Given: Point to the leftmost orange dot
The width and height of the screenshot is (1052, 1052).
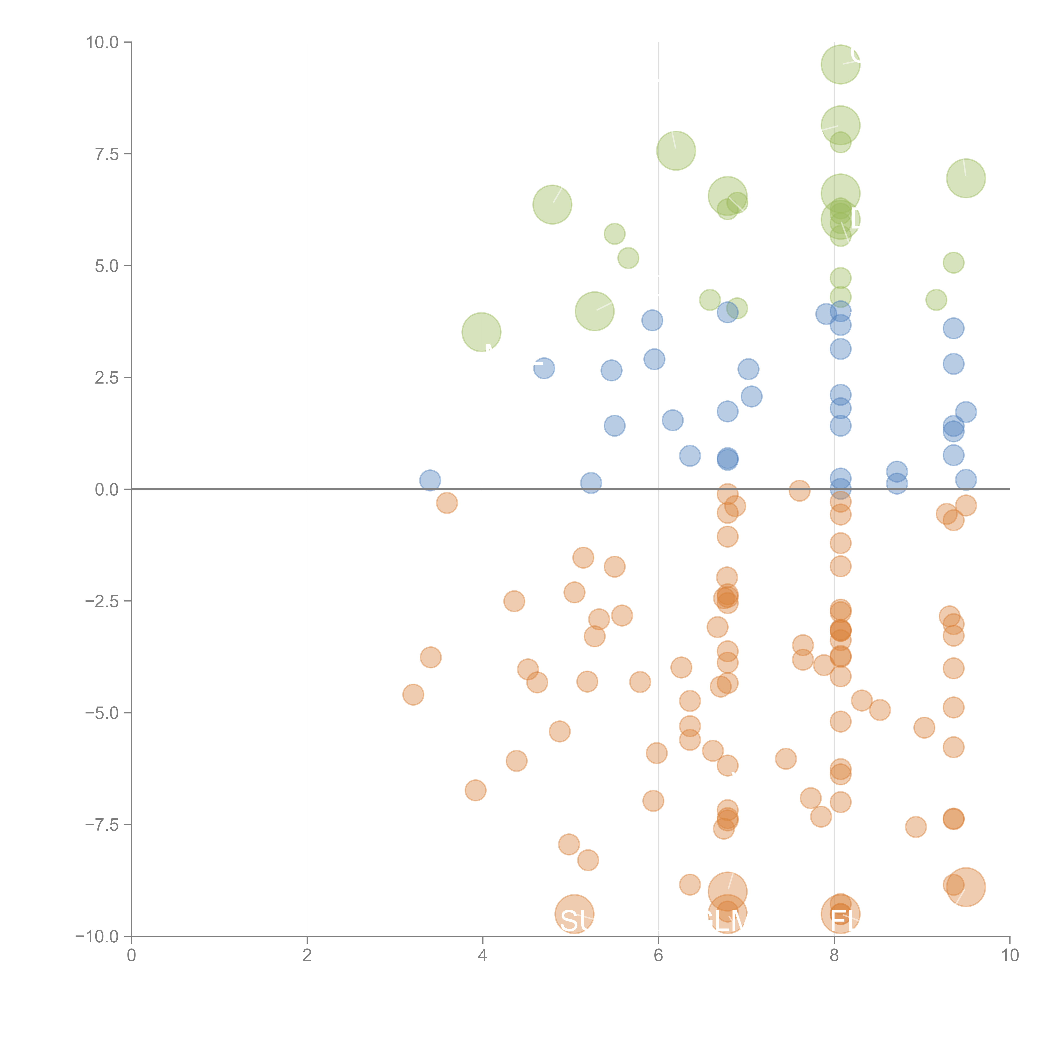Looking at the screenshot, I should pyautogui.click(x=413, y=694).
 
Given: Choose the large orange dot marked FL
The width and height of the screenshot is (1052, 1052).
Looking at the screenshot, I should pyautogui.click(x=840, y=914).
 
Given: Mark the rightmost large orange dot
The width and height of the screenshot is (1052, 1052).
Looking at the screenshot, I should pyautogui.click(x=966, y=887).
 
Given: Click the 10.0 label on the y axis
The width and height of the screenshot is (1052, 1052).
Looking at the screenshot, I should pyautogui.click(x=102, y=43).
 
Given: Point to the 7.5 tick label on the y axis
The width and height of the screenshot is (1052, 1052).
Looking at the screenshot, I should pyautogui.click(x=107, y=154).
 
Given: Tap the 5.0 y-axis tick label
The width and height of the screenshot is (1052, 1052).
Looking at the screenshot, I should pyautogui.click(x=107, y=266).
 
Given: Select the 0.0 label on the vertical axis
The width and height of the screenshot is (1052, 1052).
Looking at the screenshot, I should pyautogui.click(x=107, y=490).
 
